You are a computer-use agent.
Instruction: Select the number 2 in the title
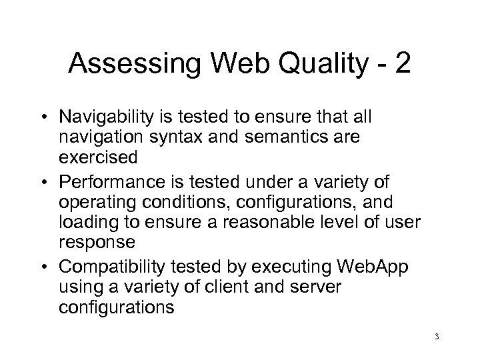(x=403, y=65)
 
